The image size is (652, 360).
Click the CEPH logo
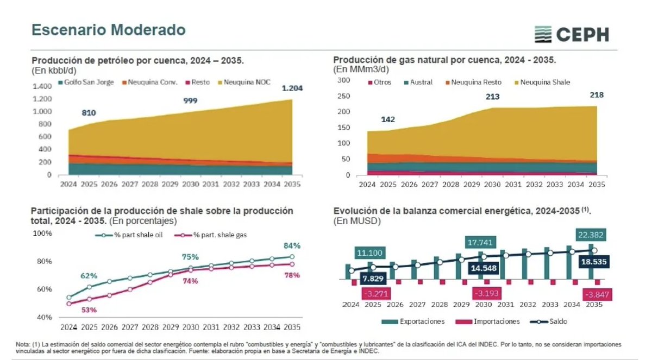click(571, 34)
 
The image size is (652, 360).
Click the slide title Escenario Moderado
click(108, 29)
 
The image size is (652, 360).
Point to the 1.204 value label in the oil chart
click(292, 89)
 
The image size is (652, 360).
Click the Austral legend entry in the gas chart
click(418, 83)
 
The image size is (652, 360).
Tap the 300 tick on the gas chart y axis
click(343, 81)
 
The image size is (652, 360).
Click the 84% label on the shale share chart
click(291, 245)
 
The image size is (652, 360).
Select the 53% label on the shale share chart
click(89, 310)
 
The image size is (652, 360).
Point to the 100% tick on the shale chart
click(43, 233)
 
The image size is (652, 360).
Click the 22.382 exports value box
click(590, 234)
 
